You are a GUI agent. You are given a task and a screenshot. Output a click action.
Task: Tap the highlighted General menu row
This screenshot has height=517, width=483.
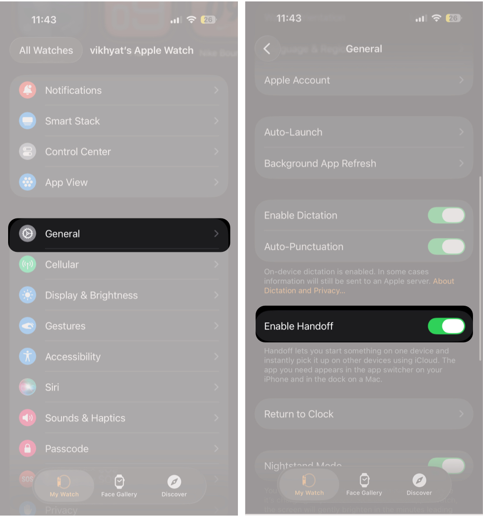coord(119,234)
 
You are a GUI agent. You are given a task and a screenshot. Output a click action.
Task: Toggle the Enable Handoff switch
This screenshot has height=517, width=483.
coord(446,326)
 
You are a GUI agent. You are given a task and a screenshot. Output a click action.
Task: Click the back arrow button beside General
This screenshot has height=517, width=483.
coord(267,49)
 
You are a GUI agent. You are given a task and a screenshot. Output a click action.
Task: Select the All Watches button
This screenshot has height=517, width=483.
coord(46,51)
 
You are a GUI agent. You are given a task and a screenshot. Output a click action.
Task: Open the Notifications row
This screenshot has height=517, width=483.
coord(119,90)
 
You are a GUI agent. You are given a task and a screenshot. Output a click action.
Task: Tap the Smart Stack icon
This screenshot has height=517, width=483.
coord(27,121)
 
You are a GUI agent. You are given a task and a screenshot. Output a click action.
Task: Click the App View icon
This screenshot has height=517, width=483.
coord(27,182)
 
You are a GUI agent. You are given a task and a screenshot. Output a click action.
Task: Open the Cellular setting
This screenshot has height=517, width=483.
coord(119,264)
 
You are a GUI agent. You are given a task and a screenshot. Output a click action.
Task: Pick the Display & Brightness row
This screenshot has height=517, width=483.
coord(119,295)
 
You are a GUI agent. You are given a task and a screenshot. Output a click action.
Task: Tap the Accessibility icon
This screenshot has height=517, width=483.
coord(27,357)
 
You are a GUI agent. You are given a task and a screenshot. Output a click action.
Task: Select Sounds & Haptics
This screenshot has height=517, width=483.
coord(119,418)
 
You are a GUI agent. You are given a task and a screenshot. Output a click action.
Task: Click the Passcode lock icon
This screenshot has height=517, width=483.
coord(27,449)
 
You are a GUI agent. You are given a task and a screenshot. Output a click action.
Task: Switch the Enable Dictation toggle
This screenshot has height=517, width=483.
coord(446,216)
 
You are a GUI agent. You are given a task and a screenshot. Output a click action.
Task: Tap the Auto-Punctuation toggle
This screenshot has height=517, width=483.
coord(446,247)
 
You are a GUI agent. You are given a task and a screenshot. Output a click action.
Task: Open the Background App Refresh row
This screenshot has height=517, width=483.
coord(363,163)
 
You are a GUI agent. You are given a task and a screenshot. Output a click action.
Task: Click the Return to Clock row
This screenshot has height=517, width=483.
coord(363,414)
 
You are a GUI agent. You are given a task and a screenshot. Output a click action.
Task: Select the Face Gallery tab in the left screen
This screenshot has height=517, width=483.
coord(119,486)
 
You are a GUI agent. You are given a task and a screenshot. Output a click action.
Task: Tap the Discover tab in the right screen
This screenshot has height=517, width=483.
coord(419,485)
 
